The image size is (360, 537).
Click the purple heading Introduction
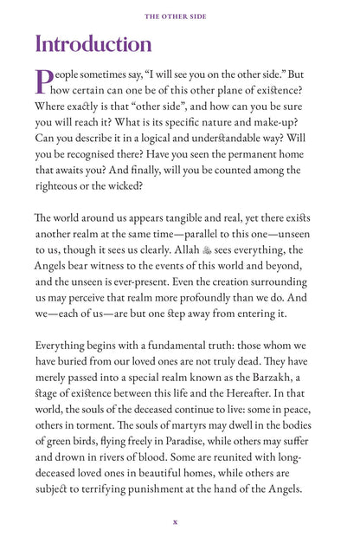[93, 44]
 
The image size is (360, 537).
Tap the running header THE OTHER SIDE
[179, 15]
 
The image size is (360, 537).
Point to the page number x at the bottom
[176, 521]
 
